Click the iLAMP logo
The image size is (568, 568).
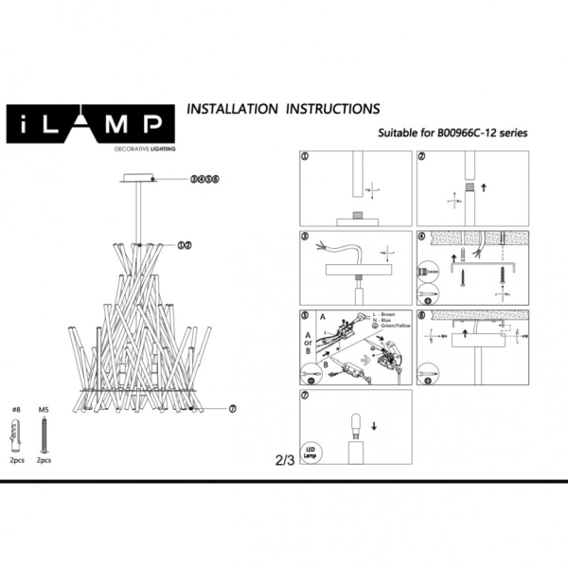coord(91,123)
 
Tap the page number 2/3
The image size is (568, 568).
coord(283,461)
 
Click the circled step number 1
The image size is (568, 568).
coord(305,156)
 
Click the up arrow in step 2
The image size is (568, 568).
coord(485,188)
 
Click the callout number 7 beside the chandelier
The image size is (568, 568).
coord(232,409)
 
